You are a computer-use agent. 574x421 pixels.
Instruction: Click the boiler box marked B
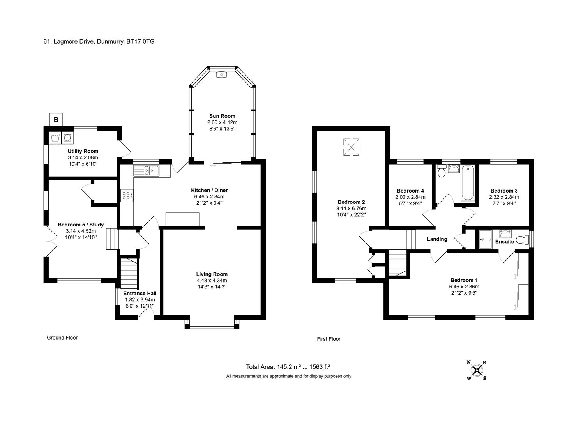tap(56, 120)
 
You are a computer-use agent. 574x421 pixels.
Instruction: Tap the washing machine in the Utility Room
tap(67, 138)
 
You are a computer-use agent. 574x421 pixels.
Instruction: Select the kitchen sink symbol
tap(146, 170)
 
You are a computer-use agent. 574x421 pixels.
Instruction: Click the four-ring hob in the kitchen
tap(127, 195)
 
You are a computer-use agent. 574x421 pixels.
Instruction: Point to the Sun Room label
tap(222, 116)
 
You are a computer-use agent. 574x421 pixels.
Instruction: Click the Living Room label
tap(212, 274)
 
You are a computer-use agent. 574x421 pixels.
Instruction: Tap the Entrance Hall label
tap(140, 293)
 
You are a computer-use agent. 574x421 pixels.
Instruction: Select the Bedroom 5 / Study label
tap(81, 225)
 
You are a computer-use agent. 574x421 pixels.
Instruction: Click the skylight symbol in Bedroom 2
tap(351, 147)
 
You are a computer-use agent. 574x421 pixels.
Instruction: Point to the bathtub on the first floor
tap(468, 183)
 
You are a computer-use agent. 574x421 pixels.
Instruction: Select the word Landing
tap(437, 239)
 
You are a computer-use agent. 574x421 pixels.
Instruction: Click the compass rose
tap(477, 370)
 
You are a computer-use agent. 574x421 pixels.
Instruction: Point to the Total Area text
tap(288, 367)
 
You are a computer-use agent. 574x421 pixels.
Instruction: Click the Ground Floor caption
tap(62, 338)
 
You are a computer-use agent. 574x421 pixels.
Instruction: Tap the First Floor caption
tap(329, 339)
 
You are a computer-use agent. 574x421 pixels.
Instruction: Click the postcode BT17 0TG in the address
tap(140, 42)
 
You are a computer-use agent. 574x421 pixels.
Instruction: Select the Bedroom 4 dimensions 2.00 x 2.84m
tap(410, 197)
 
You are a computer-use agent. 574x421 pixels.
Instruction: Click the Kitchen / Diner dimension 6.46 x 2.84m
tap(209, 196)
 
